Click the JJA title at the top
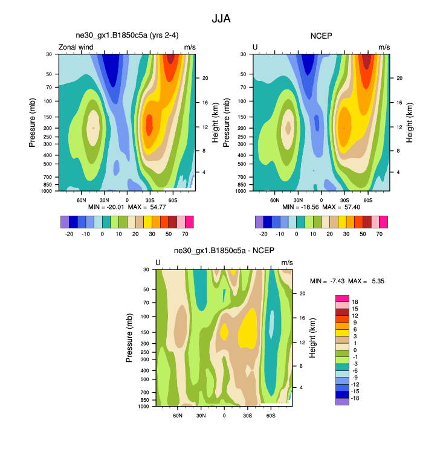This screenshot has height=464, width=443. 221,19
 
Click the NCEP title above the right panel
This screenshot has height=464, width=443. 322,36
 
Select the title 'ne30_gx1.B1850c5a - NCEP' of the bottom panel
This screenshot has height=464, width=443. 224,251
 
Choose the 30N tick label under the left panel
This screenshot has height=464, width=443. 104,199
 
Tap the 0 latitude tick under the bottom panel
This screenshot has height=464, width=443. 224,415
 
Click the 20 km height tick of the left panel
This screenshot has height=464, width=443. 205,78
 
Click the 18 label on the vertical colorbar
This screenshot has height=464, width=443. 355,301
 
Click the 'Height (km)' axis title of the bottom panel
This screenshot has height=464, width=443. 312,338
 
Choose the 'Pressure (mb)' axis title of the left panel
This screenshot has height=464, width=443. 32,123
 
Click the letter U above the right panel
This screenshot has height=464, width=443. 255,47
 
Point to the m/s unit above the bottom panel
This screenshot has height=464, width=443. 287,262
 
